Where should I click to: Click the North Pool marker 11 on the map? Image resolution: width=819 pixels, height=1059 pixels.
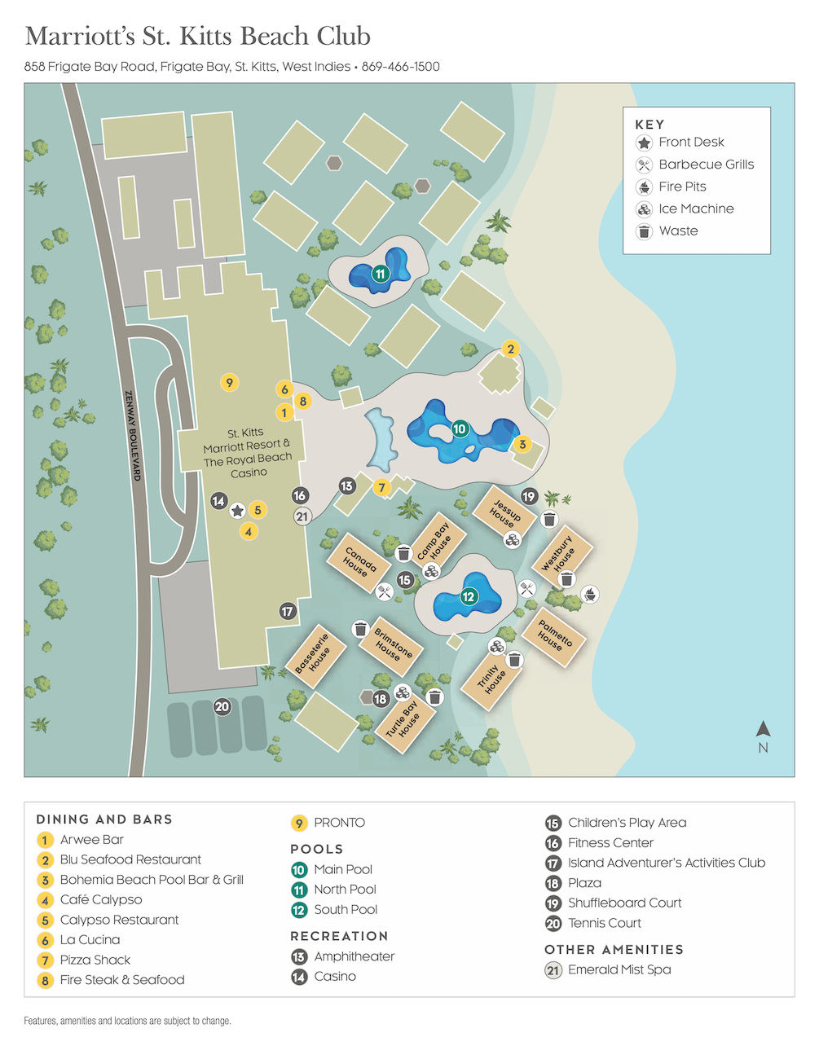pyautogui.click(x=381, y=274)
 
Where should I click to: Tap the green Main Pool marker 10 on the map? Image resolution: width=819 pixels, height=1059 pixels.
pyautogui.click(x=460, y=428)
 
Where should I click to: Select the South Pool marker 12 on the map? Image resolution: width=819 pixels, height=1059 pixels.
pyautogui.click(x=469, y=596)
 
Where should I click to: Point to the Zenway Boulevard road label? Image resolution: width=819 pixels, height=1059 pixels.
pyautogui.click(x=132, y=435)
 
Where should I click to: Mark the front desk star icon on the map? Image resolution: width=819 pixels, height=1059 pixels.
pyautogui.click(x=237, y=511)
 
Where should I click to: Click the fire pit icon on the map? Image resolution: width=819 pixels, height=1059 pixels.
pyautogui.click(x=590, y=595)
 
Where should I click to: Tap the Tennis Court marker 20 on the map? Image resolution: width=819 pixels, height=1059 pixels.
pyautogui.click(x=222, y=706)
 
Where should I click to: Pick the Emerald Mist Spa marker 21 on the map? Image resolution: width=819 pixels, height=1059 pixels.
pyautogui.click(x=302, y=516)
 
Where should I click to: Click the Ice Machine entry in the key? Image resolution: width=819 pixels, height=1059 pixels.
pyautogui.click(x=696, y=209)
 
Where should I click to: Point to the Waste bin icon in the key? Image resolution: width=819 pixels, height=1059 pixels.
pyautogui.click(x=644, y=231)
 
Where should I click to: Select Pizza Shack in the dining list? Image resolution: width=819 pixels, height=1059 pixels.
pyautogui.click(x=95, y=960)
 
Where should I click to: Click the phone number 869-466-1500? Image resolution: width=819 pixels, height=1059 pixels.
pyautogui.click(x=400, y=67)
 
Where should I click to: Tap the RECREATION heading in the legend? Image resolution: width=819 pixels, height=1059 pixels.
pyautogui.click(x=339, y=936)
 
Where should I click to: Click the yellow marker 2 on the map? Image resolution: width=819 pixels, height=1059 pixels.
pyautogui.click(x=511, y=349)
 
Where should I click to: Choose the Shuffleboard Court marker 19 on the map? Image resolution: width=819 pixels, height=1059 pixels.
pyautogui.click(x=529, y=496)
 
